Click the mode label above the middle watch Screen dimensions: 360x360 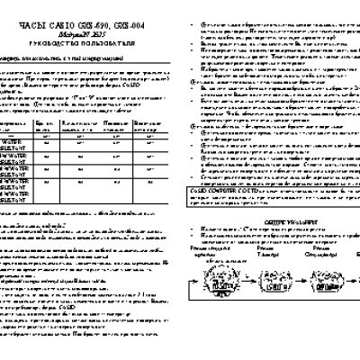click(270, 258)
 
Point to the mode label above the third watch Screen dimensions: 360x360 click(319, 258)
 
